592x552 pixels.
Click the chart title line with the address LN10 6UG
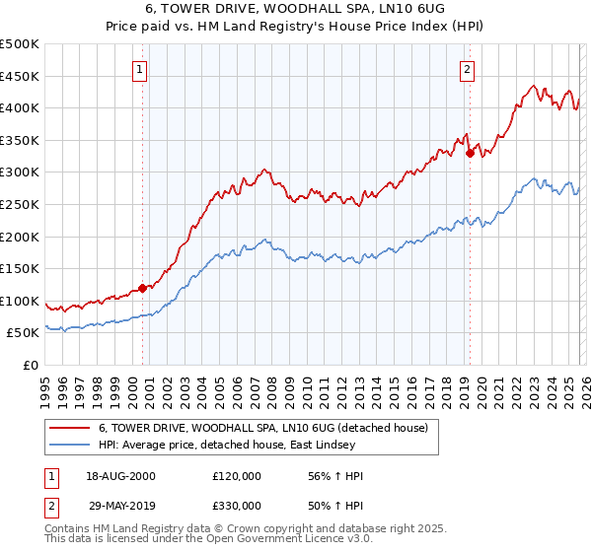(x=296, y=9)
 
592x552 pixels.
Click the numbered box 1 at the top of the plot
(x=140, y=70)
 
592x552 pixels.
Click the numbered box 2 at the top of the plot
(x=466, y=70)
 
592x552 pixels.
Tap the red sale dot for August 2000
(x=142, y=288)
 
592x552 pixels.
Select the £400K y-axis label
(x=20, y=108)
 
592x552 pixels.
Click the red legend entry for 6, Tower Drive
(x=262, y=428)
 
